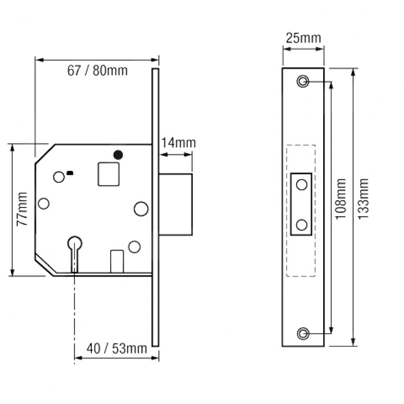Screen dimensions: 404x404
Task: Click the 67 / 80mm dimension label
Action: click(98, 71)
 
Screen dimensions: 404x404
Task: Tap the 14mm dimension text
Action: click(178, 143)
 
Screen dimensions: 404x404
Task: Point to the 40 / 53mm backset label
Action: click(117, 349)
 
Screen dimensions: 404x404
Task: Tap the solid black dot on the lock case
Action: click(118, 154)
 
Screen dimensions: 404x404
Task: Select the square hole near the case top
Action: click(109, 174)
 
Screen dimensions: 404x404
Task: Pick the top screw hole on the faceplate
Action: click(303, 81)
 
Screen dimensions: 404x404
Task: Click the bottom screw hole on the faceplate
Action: click(303, 334)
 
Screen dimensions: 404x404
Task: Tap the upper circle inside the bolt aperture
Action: click(302, 185)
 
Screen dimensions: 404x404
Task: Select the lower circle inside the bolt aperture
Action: click(302, 224)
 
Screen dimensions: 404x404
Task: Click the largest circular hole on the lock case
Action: click(140, 208)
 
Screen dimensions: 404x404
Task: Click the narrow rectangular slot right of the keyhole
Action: click(117, 260)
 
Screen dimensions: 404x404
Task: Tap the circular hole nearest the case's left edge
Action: click(43, 204)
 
